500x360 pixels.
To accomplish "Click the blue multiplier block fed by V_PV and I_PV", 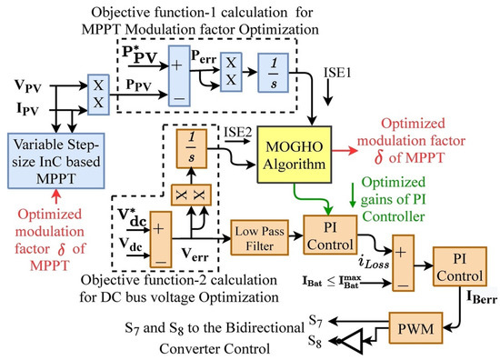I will pyautogui.click(x=99, y=92).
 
